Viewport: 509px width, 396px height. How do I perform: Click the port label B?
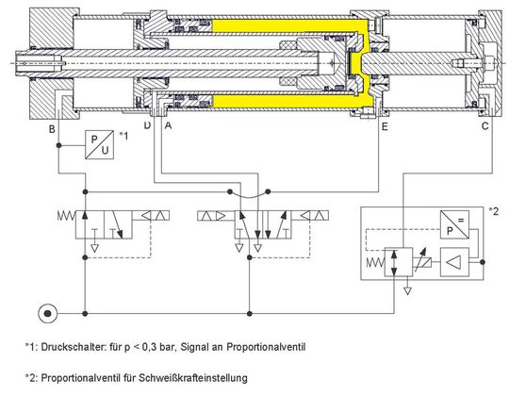point(52,129)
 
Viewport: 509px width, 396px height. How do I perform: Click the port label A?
point(168,125)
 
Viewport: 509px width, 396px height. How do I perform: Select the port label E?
point(385,126)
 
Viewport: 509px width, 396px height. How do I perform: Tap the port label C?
point(485,125)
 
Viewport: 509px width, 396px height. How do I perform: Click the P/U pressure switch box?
point(99,144)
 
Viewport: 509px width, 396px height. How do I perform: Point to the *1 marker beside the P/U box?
point(123,136)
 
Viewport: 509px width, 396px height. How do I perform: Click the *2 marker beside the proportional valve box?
point(493,211)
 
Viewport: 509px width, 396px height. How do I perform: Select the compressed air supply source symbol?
point(48,314)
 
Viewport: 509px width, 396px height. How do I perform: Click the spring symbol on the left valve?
point(67,215)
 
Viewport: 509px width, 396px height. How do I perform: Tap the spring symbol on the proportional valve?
point(375,262)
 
